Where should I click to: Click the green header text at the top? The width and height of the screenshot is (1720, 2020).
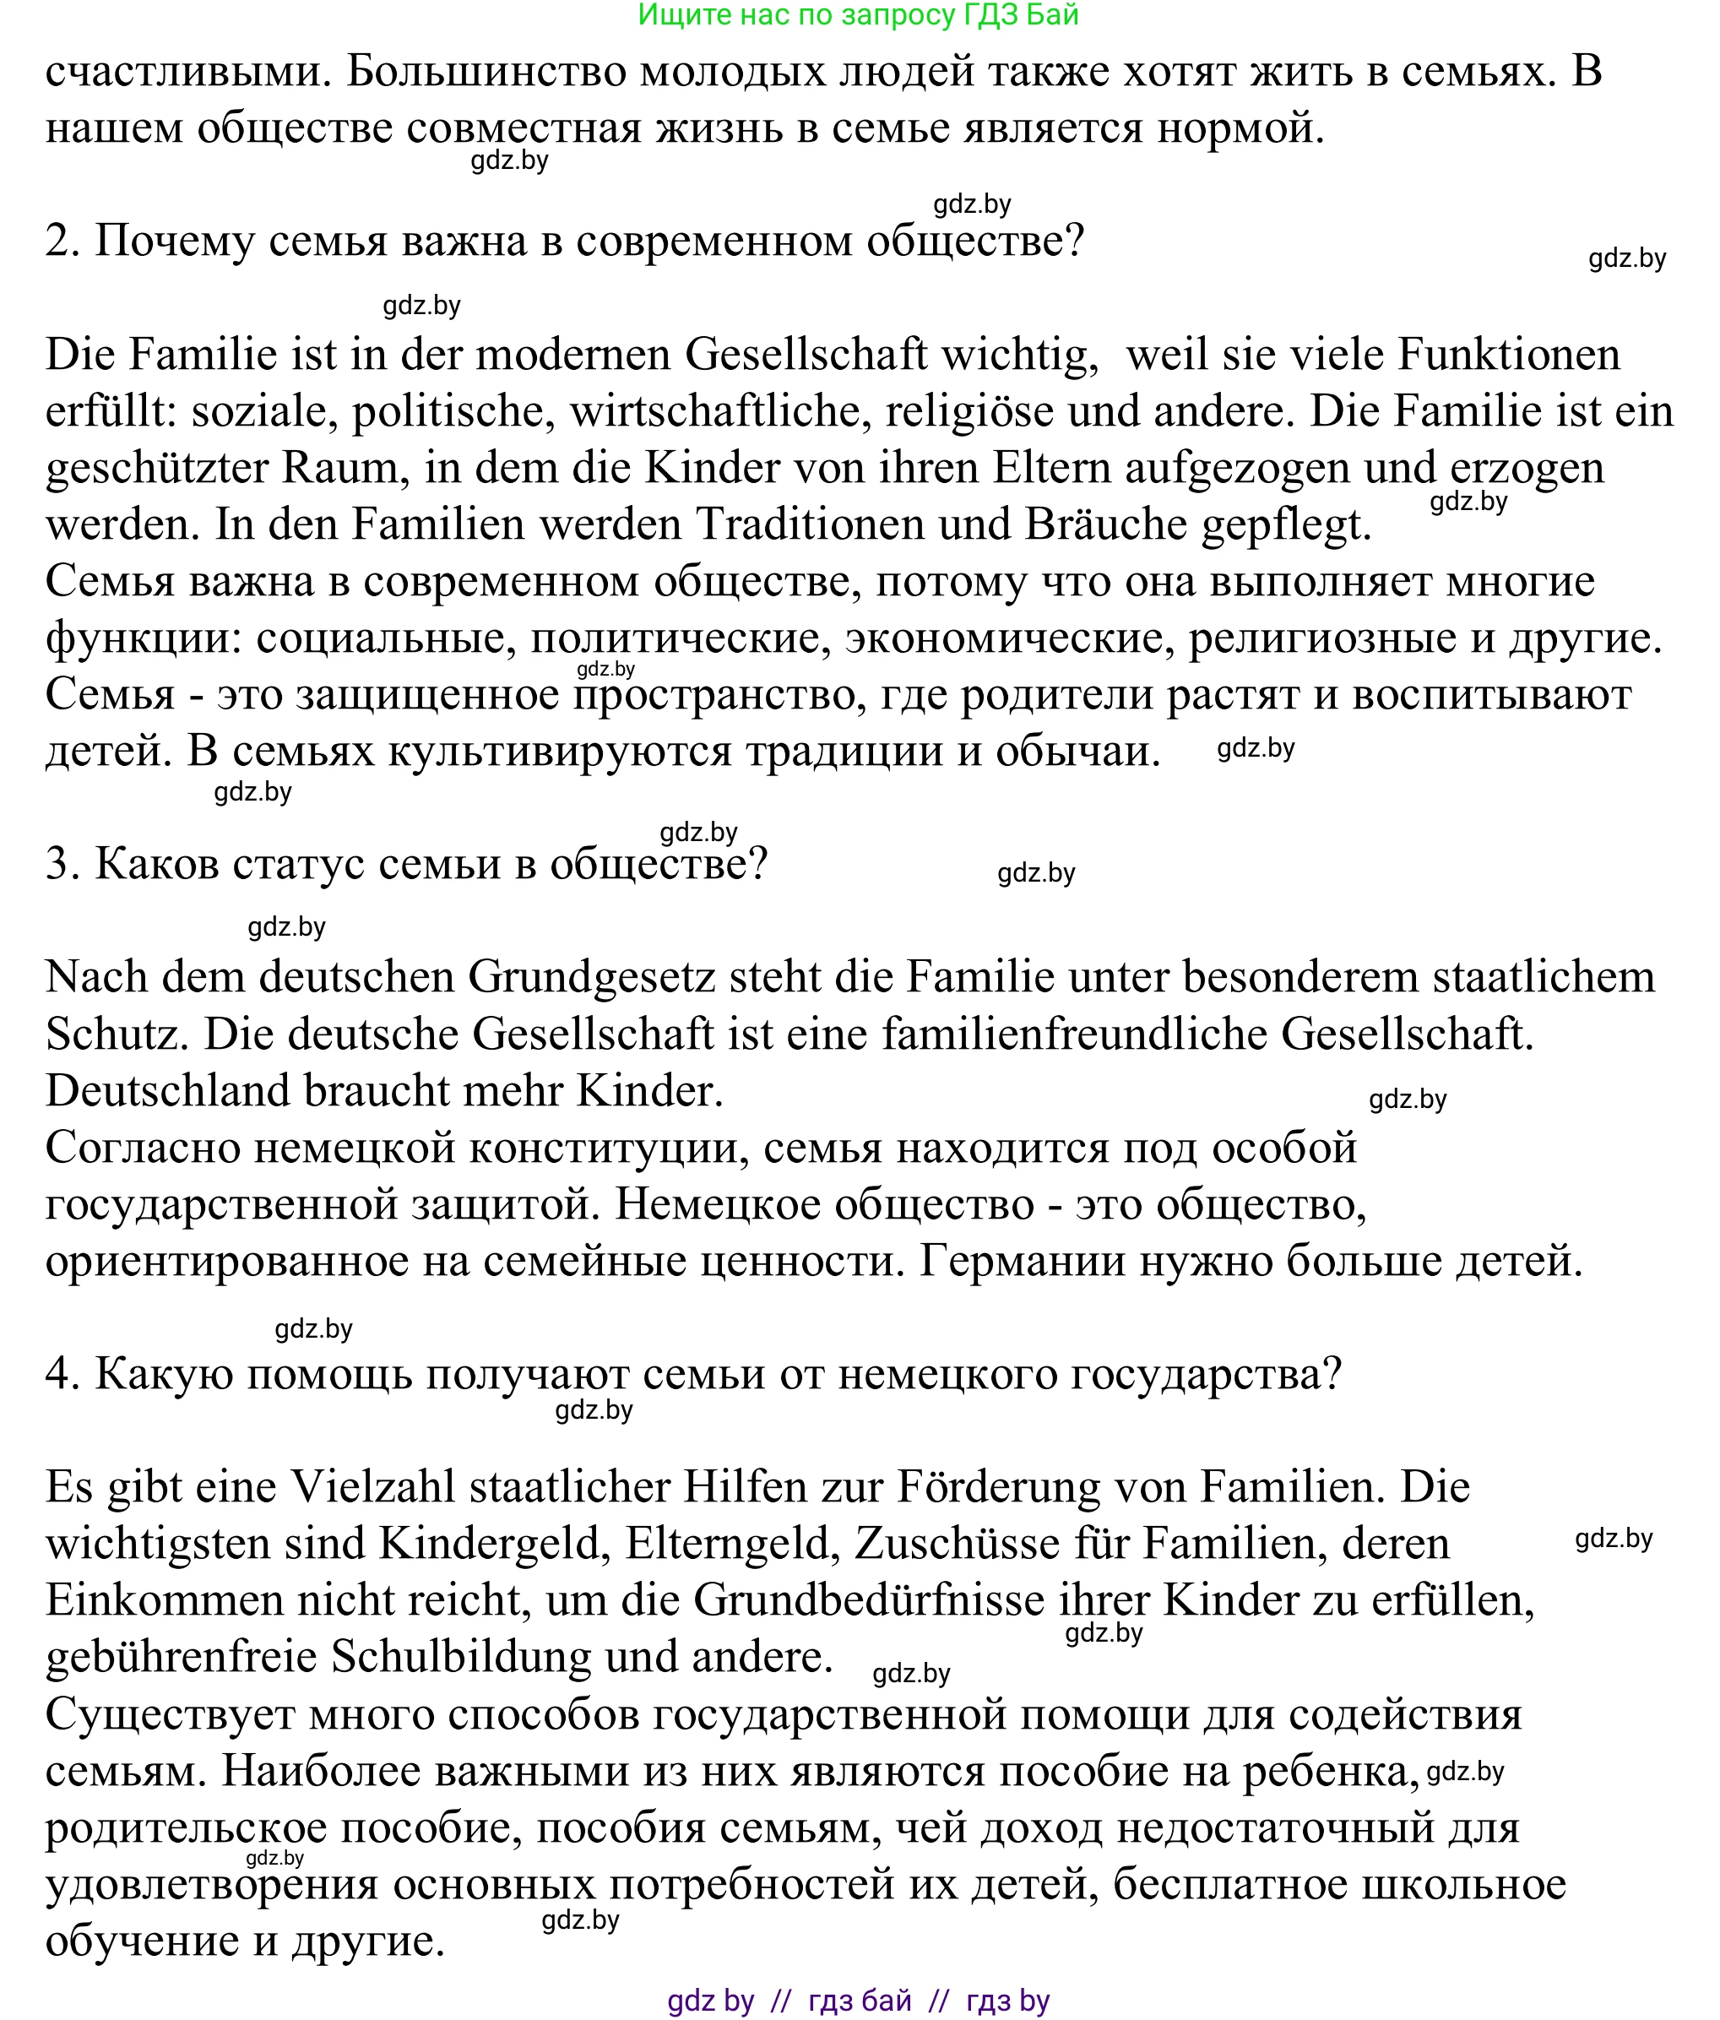point(858,14)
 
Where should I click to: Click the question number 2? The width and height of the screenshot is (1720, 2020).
point(61,241)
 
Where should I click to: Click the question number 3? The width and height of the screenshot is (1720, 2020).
point(61,865)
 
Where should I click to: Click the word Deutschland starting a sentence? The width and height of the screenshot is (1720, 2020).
point(168,1091)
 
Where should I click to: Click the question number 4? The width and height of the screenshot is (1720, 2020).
point(61,1375)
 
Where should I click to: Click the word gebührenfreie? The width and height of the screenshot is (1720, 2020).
point(182,1658)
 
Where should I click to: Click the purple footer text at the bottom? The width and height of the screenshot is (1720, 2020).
point(858,2001)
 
